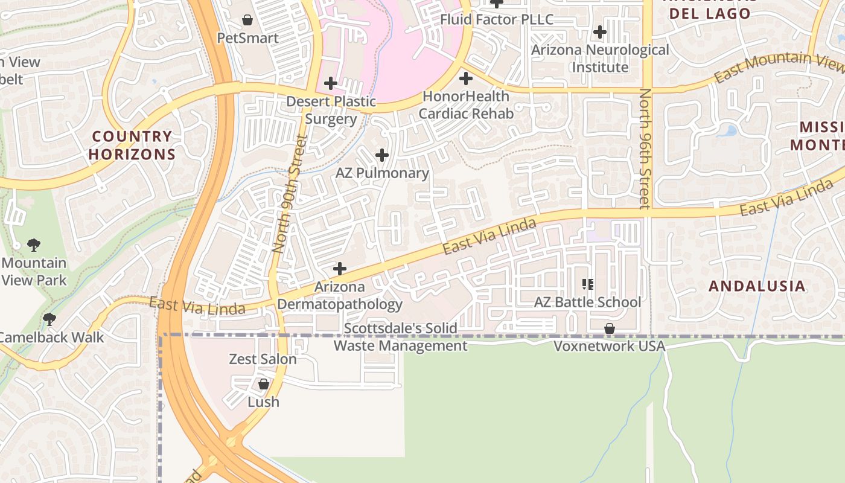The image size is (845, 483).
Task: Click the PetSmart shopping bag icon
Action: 247,21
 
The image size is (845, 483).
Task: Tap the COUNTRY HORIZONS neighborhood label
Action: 132,146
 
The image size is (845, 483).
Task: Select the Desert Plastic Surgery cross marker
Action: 330,83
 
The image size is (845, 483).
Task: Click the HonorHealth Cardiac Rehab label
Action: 465,104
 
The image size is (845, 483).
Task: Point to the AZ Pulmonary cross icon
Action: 381,156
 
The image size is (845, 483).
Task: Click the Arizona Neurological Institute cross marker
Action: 599,32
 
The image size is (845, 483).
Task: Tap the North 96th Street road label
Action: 645,149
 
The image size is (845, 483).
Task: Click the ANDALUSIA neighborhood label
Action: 757,286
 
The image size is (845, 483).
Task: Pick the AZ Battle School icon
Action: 587,284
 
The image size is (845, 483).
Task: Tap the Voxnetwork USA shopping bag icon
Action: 610,328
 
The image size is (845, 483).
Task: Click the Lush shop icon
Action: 263,384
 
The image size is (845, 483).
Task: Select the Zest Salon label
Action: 263,359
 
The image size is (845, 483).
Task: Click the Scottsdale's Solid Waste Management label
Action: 400,337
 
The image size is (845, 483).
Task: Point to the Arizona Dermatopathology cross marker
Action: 340,269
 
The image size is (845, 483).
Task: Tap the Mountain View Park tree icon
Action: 34,245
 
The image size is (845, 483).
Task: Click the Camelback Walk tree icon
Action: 49,319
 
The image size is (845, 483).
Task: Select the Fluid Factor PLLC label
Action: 496,19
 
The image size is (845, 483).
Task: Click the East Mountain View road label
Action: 779,68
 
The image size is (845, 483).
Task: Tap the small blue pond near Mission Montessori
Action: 731,130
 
